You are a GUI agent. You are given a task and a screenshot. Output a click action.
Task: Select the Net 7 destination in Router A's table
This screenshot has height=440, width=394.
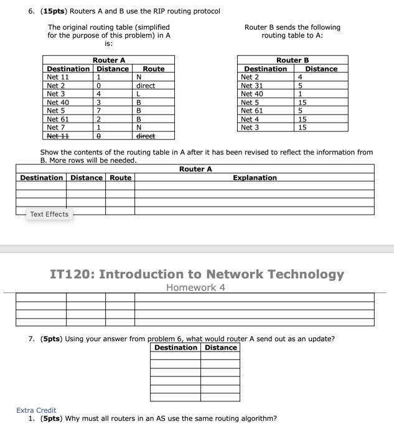coord(56,127)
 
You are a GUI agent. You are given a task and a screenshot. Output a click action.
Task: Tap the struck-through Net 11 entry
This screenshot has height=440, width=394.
coord(58,136)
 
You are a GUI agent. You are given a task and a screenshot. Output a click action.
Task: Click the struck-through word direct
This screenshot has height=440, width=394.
coord(146,136)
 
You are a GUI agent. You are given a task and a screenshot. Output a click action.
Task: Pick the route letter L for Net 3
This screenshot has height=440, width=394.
coord(139,94)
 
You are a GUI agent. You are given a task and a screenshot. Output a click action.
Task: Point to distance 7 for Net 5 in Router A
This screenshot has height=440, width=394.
coord(98,111)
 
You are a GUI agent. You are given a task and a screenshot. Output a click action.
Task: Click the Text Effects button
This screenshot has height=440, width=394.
coord(49,214)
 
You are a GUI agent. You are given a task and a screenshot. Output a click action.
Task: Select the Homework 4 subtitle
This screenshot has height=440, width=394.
coord(196,288)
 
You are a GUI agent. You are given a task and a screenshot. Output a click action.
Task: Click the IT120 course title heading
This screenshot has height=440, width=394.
coord(197,274)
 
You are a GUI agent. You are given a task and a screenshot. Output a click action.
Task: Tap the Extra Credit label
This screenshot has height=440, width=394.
coord(36,410)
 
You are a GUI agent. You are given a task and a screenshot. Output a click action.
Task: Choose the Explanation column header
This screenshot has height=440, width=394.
coord(255,178)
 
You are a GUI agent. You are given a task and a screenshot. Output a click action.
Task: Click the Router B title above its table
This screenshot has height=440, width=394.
coord(293,60)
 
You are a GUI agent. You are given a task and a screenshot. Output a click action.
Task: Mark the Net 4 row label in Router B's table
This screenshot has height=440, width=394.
coord(248,119)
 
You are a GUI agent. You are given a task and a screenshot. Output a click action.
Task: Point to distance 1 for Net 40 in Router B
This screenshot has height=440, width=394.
coord(300,94)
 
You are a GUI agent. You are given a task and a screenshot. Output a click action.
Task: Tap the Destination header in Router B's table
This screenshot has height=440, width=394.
coord(266,69)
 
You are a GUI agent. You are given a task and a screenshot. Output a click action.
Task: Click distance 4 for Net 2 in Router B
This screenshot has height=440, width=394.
coord(300,77)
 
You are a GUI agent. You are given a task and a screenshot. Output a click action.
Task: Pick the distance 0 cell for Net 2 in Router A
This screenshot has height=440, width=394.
coord(98,86)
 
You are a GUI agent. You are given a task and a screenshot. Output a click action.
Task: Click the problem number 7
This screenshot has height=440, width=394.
coord(31,339)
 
